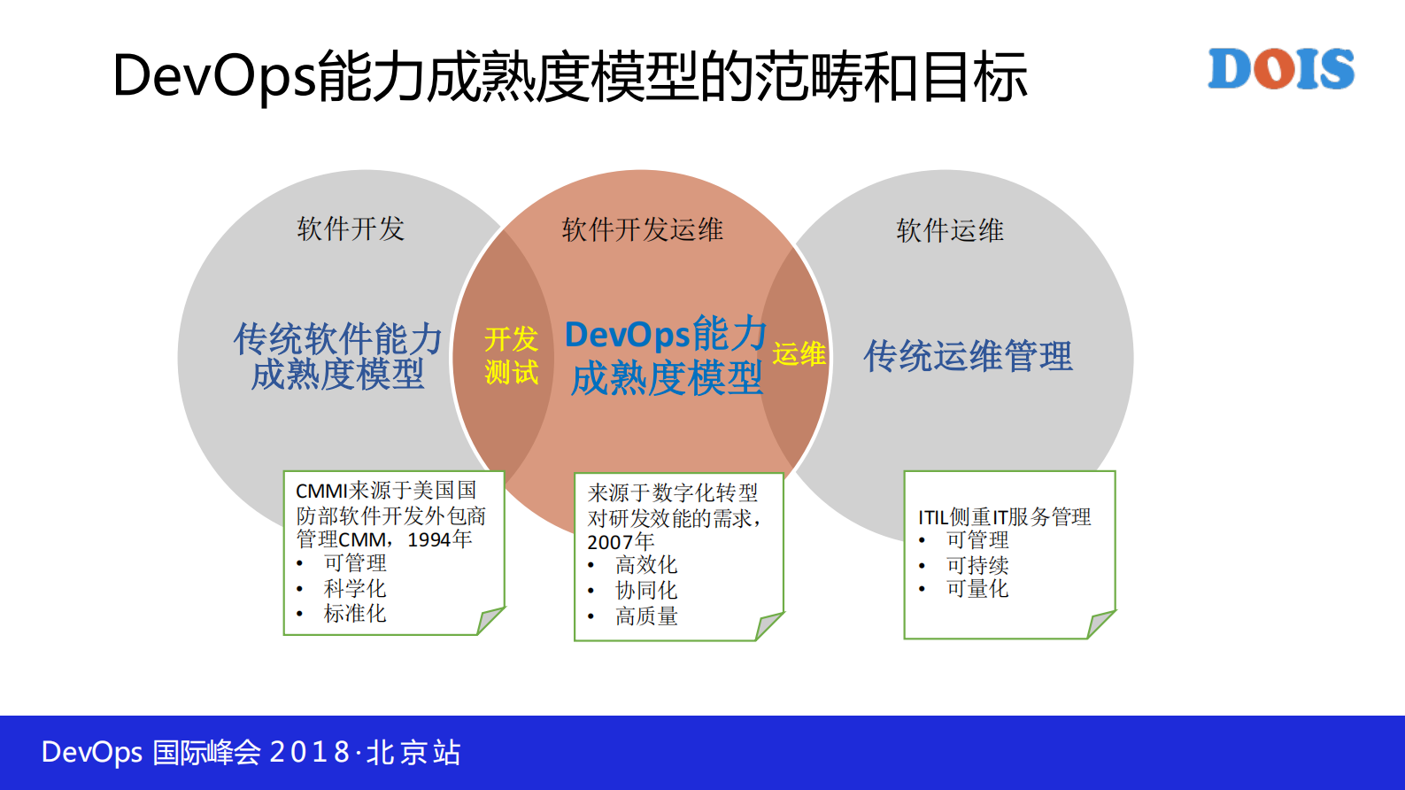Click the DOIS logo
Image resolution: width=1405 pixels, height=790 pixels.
coord(1281,69)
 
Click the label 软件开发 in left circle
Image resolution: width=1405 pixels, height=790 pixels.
coord(351,229)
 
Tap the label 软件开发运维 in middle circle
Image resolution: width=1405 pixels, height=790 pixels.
coord(642,230)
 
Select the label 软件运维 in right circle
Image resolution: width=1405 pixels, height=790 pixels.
coord(949,231)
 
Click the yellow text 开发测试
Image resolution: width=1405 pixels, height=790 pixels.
coord(511,355)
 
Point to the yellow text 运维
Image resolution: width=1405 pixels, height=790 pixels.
coord(799,354)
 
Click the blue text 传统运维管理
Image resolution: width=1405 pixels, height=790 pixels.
coord(968,356)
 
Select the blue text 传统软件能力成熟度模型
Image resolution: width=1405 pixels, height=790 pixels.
coord(337,356)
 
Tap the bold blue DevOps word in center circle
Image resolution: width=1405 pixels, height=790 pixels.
coord(627,335)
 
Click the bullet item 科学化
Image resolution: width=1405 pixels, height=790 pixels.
coord(354,588)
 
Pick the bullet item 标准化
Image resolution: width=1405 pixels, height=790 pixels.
coord(354,613)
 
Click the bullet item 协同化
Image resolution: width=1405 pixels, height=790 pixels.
coord(645,590)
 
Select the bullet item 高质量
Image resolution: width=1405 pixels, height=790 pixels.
coord(646,616)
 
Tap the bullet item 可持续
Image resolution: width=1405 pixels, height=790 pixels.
coord(977,564)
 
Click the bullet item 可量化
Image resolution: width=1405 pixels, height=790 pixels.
coord(977,588)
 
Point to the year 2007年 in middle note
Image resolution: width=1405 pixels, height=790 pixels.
coord(621,541)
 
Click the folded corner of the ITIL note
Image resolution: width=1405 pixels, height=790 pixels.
coord(1100,623)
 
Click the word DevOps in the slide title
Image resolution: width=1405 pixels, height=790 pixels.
coord(213,76)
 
